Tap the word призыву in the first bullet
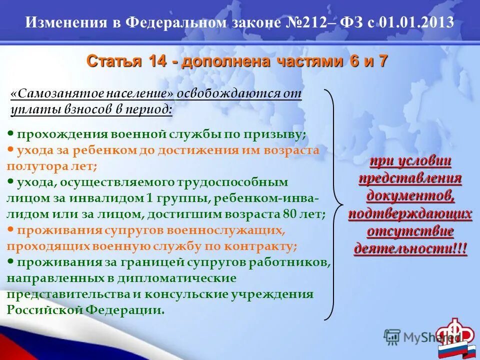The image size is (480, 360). [279, 134]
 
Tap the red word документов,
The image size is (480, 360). [410, 195]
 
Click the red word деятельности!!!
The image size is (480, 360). [410, 248]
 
